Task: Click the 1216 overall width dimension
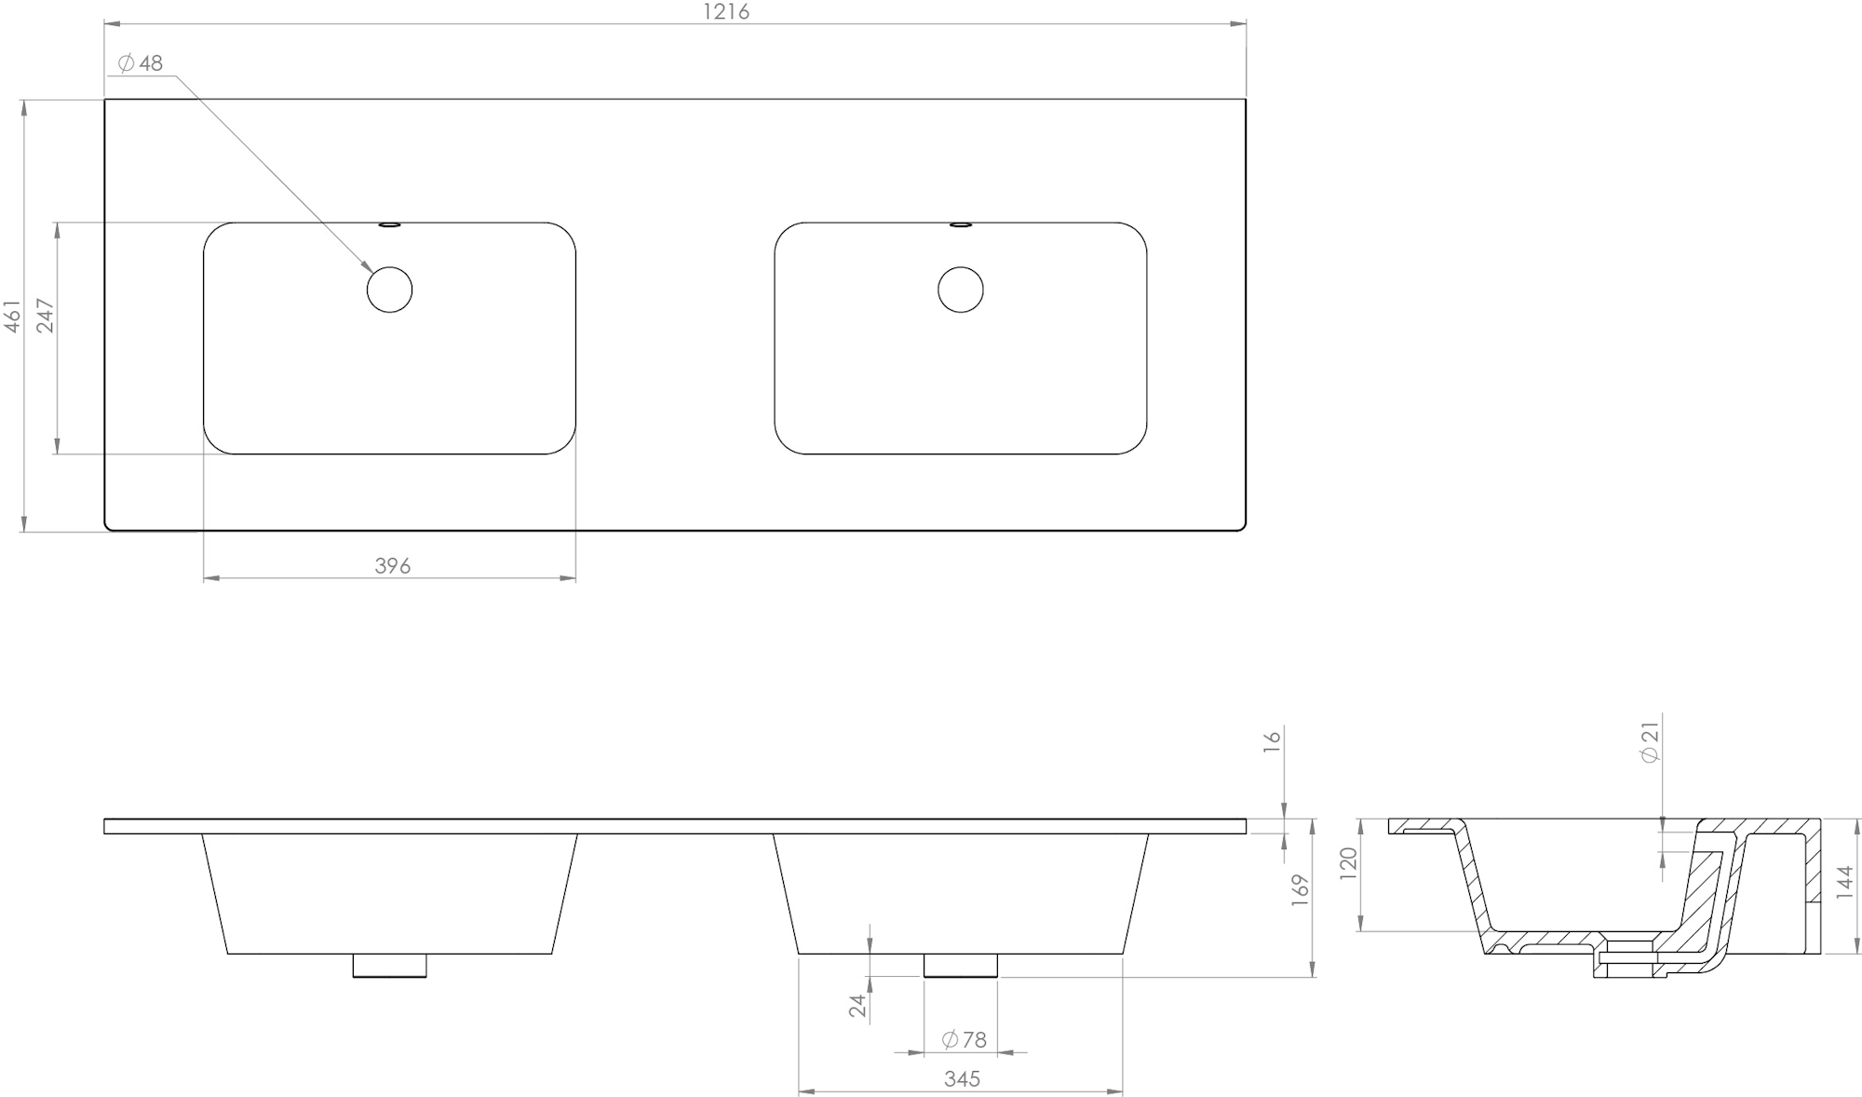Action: [725, 12]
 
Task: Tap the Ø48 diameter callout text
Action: [141, 63]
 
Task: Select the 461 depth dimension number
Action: [13, 316]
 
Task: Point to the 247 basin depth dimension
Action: [46, 316]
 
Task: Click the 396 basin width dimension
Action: [392, 566]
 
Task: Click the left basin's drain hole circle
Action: [389, 290]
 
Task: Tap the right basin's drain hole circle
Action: [960, 290]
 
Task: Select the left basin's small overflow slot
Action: [389, 224]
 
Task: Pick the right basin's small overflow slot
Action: [960, 224]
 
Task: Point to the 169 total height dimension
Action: [1301, 888]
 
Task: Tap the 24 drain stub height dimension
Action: [857, 1005]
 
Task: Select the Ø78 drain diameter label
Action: [964, 1039]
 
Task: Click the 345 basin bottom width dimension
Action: [962, 1079]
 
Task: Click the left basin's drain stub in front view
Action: [389, 966]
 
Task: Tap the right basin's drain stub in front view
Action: [960, 966]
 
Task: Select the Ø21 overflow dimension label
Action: [1651, 743]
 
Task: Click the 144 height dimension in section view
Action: [1844, 882]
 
